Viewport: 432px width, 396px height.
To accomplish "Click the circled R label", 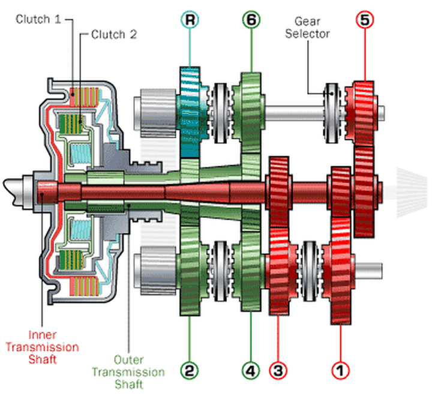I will (190, 20).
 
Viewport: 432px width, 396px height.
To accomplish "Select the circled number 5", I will (364, 20).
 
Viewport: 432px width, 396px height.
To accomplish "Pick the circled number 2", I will (190, 370).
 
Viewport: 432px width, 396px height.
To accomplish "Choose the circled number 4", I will (250, 370).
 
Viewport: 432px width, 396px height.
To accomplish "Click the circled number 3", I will (278, 370).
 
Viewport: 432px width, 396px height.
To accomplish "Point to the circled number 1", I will (340, 370).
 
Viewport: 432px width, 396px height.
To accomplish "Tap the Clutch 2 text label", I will (113, 35).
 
